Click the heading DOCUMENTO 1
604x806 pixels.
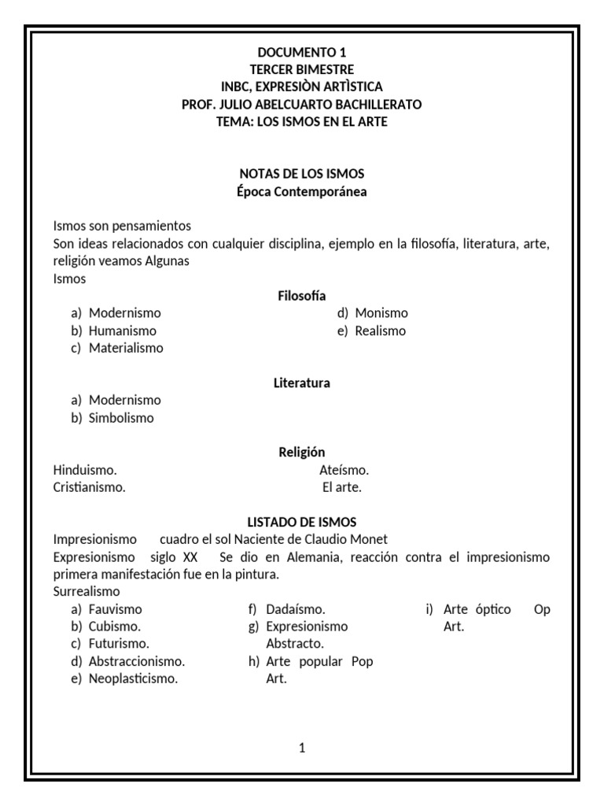(301, 53)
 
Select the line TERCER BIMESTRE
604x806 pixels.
(301, 70)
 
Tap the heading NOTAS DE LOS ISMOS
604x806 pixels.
(301, 173)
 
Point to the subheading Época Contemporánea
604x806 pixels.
(301, 190)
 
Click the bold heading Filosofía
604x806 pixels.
(301, 296)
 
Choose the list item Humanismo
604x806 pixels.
(122, 331)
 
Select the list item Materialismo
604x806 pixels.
(126, 348)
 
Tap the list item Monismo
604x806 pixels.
(381, 313)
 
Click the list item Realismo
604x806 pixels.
(381, 331)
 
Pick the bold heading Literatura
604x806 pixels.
(301, 383)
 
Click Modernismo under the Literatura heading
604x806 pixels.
(124, 401)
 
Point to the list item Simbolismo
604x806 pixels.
(121, 418)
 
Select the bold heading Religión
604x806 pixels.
(301, 453)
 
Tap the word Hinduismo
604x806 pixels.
(85, 470)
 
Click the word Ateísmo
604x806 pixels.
(344, 470)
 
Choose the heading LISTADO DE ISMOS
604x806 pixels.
(301, 522)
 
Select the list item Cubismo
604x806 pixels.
(115, 627)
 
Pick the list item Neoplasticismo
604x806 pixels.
(133, 678)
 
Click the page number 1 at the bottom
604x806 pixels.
(302, 748)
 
